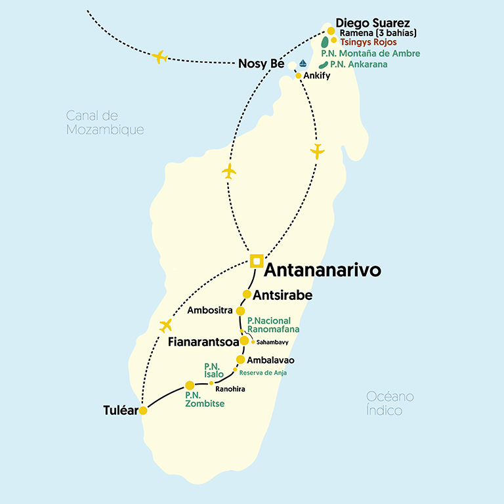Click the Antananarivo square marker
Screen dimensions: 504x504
pos(257,261)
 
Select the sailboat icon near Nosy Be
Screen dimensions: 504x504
pos(303,64)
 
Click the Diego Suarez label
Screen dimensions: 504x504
pos(373,22)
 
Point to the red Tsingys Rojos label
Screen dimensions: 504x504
pos(368,42)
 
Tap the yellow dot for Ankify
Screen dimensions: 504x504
pos(299,76)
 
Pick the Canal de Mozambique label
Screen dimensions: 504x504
pos(105,123)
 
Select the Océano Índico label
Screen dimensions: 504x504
pos(394,403)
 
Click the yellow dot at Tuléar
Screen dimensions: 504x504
pos(143,411)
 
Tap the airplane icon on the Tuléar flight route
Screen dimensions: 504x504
pos(165,325)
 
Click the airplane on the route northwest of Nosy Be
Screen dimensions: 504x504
pos(159,56)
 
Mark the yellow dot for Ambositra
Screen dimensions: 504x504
pos(241,310)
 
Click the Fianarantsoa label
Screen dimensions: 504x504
pos(203,342)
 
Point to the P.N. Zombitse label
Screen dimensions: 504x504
pos(205,399)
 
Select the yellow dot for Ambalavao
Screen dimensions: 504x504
pos(240,360)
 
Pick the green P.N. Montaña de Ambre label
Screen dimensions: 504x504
pos(371,53)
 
